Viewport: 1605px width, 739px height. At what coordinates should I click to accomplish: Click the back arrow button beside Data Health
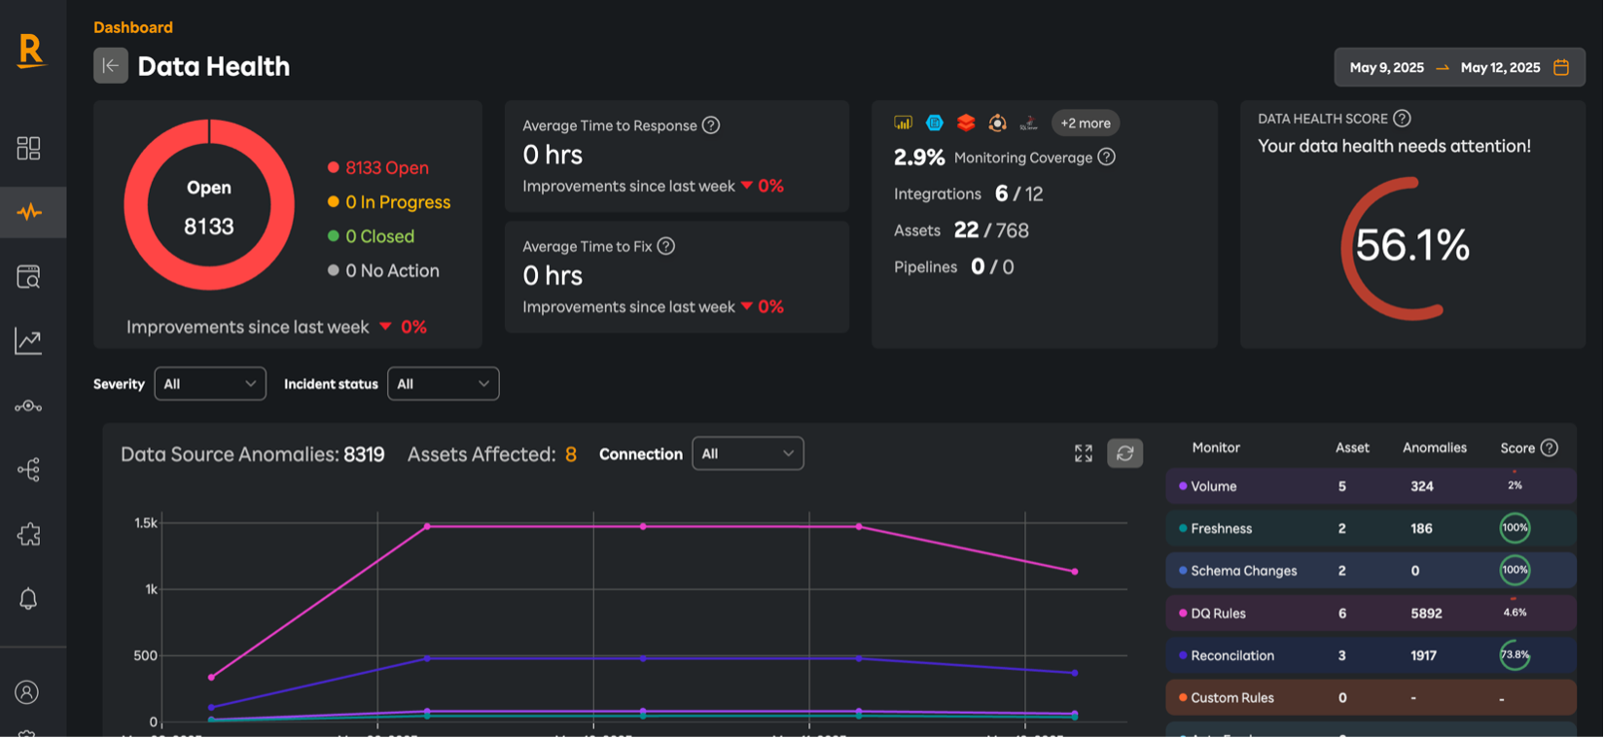(x=111, y=66)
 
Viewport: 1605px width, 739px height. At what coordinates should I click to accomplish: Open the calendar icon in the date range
(x=1561, y=67)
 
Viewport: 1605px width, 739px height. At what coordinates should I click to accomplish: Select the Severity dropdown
(x=210, y=384)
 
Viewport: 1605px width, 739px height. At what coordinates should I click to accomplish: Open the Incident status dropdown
(x=443, y=384)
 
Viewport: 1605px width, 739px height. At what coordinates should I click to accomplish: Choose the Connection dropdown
(x=747, y=454)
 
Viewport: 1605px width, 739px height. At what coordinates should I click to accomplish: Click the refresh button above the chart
(x=1124, y=453)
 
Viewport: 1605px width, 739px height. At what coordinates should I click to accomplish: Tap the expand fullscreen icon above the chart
(x=1084, y=453)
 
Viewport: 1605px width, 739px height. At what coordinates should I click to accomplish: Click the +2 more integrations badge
(x=1085, y=123)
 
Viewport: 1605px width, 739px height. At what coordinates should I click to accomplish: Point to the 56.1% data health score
(x=1411, y=246)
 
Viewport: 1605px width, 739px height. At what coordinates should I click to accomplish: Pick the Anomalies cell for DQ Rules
(x=1426, y=614)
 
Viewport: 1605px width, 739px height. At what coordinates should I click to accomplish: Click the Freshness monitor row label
(x=1221, y=529)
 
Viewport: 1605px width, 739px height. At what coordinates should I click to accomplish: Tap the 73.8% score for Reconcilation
(x=1515, y=655)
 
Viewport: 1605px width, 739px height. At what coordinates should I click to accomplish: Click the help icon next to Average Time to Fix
(x=666, y=246)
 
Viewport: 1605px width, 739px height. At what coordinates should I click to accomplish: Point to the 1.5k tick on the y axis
(x=146, y=523)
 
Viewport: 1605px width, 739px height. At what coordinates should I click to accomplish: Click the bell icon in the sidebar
(x=28, y=599)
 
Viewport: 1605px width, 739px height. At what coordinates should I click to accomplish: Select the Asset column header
(x=1352, y=448)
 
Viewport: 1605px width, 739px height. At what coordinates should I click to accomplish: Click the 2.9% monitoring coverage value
(x=919, y=158)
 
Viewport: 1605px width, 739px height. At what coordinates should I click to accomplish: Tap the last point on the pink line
(x=1074, y=572)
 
